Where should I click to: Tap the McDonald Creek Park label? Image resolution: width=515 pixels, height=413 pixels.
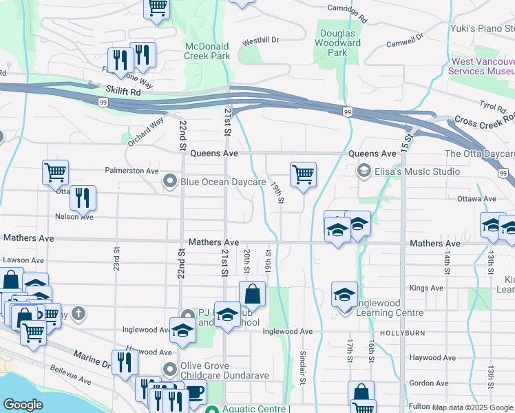(x=207, y=52)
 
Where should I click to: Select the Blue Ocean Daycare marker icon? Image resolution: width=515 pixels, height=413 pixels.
(x=170, y=181)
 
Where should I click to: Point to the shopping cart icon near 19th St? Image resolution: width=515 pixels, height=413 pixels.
(x=303, y=174)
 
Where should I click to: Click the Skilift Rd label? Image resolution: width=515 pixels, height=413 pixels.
(x=123, y=91)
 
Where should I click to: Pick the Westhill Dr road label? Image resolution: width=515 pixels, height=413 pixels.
(x=260, y=41)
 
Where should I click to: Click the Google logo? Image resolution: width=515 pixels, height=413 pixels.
(x=23, y=405)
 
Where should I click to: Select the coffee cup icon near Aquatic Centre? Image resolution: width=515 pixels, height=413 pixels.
(x=195, y=393)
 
